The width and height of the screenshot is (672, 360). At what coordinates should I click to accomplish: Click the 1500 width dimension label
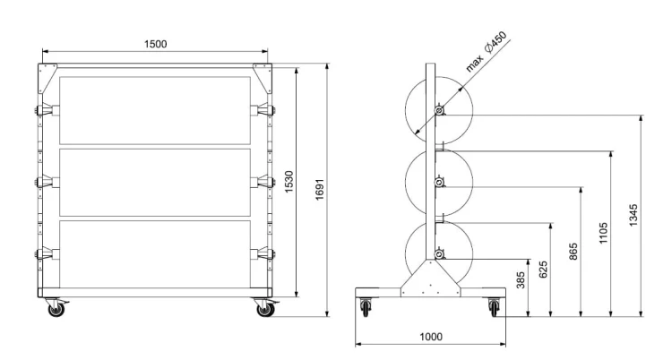[x=156, y=44]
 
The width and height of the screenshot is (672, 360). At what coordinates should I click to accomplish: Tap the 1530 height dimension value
[x=289, y=182]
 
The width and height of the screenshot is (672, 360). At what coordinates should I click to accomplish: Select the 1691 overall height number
[x=320, y=190]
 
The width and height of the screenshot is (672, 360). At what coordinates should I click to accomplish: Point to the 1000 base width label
[x=431, y=337]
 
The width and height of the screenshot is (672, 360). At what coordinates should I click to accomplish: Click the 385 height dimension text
[x=521, y=280]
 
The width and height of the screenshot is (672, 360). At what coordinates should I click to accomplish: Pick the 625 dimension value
[x=544, y=270]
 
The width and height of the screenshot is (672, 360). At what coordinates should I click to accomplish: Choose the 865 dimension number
[x=573, y=252]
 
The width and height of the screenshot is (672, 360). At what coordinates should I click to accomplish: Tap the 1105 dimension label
[x=603, y=233]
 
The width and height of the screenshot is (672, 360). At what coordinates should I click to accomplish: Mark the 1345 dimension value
[x=633, y=215]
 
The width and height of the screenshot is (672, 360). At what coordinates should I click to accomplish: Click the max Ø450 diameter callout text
[x=486, y=51]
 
